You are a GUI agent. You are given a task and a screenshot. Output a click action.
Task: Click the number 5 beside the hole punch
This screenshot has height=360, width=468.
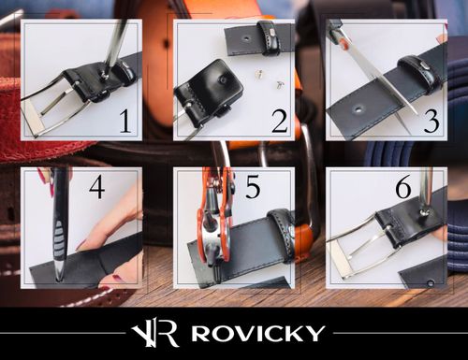point(252,190)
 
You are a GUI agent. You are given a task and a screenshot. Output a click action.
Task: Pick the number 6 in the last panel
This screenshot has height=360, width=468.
point(403,189)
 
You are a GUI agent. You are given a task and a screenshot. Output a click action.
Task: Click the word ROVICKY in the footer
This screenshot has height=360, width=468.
point(258,332)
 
